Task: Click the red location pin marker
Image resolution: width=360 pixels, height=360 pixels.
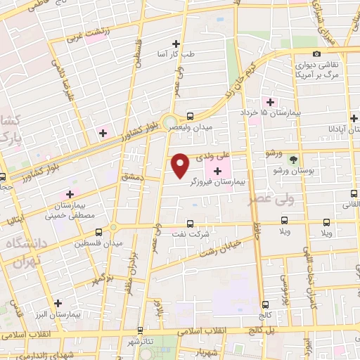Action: (x=181, y=165)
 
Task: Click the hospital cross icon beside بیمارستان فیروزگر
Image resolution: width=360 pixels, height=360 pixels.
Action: (x=217, y=171)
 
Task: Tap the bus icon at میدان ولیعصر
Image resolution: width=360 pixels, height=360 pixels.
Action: (x=191, y=117)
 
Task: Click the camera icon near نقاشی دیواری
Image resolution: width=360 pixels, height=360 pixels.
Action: (x=317, y=54)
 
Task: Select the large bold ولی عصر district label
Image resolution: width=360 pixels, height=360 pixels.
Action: (x=271, y=200)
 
